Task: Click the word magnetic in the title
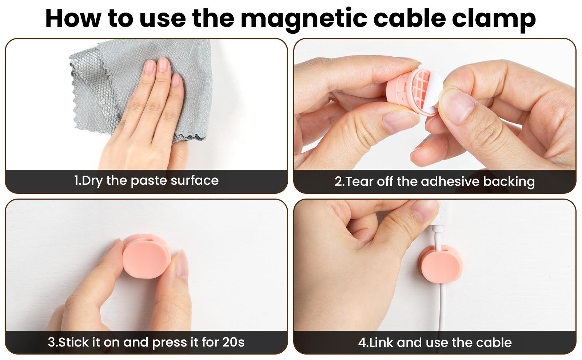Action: point(304,19)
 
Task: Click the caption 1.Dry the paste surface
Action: point(146,180)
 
